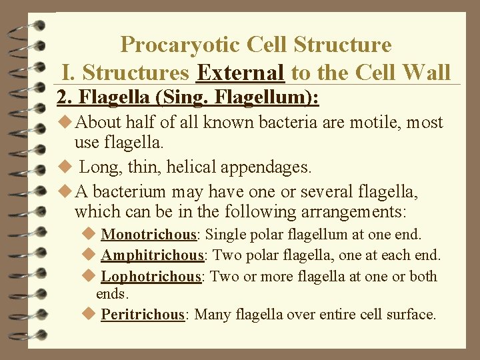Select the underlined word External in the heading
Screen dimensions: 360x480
pos(241,72)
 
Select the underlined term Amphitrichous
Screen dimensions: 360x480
pos(152,255)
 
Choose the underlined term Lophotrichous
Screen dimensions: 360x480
pos(151,276)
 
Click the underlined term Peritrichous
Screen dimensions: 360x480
pos(143,314)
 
